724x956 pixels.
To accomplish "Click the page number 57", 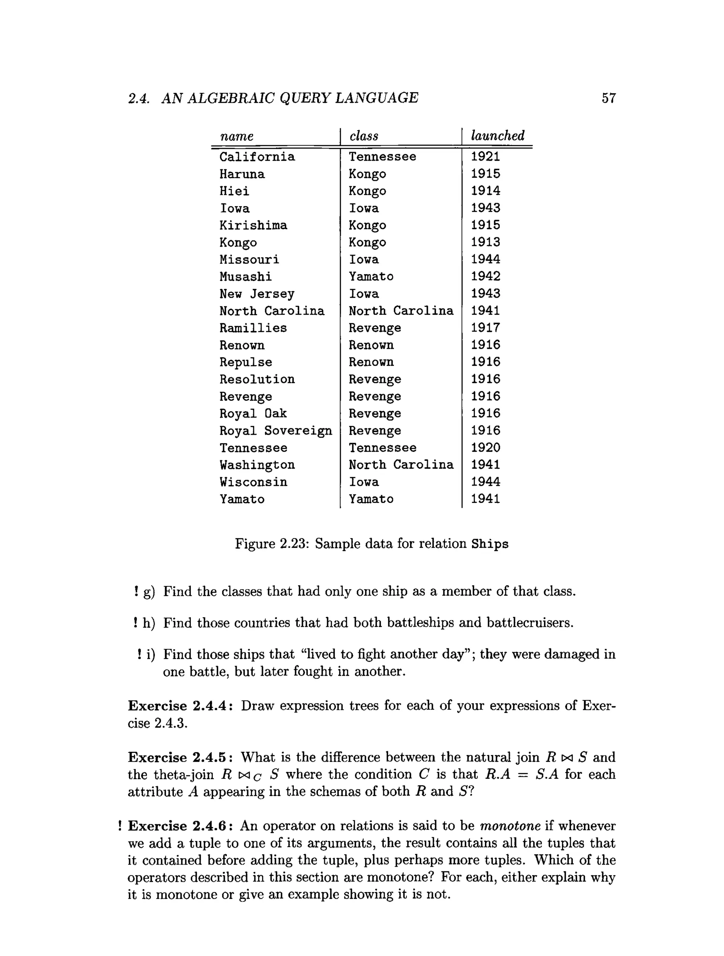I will [608, 98].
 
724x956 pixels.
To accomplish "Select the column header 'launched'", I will [497, 136].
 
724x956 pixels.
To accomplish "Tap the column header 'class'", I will [364, 136].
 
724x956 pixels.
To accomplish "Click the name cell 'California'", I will [257, 156].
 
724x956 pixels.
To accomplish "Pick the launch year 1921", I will [485, 156].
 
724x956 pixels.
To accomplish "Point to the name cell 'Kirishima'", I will [253, 225].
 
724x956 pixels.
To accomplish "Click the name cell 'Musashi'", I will [246, 277].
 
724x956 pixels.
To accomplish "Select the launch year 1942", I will [485, 276].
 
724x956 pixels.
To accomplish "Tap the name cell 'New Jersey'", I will [257, 294].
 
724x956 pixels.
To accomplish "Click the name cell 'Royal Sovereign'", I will [275, 431].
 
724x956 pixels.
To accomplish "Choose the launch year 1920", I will [485, 448].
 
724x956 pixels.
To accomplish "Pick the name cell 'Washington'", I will [257, 465].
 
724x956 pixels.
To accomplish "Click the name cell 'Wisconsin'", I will [253, 482].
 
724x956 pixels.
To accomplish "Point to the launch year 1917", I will [485, 328].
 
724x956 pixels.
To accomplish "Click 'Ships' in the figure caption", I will [490, 544].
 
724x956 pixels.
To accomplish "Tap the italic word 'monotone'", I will [510, 826].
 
